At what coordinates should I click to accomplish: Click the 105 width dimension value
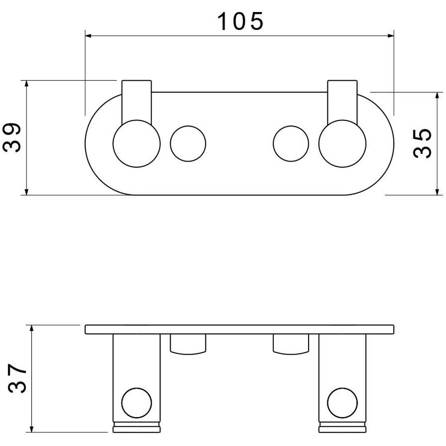[240, 21]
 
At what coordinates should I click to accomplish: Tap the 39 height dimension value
[12, 138]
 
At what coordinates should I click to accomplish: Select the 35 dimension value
[422, 143]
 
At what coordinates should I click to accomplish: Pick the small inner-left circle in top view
[188, 126]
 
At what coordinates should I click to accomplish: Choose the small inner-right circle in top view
[291, 126]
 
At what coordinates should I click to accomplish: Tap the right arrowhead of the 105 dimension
[392, 36]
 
